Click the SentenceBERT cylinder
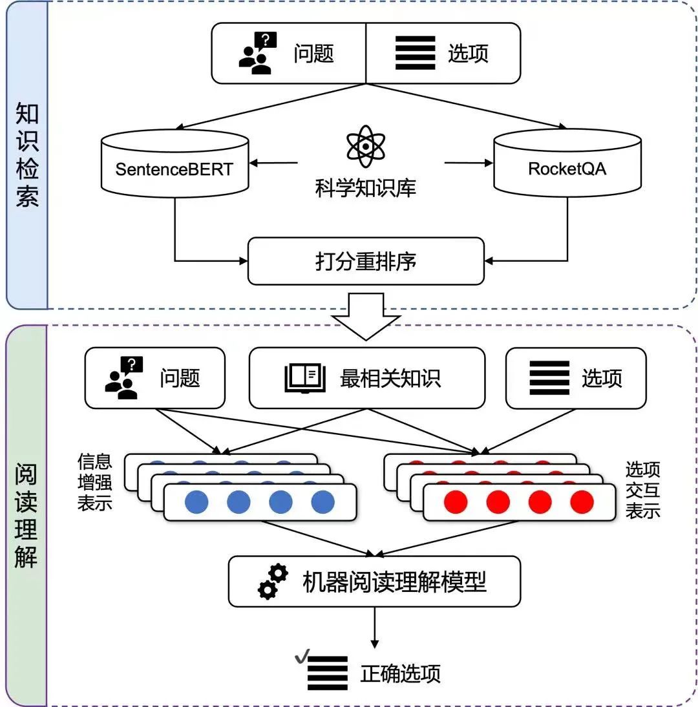tap(174, 165)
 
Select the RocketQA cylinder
tap(567, 165)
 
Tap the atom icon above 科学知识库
tap(366, 146)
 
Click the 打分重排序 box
tap(366, 261)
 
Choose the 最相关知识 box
tap(366, 378)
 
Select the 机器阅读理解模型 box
tap(374, 582)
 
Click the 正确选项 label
tap(401, 673)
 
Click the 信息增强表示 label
tap(95, 482)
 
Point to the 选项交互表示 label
tap(642, 490)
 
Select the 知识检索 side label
tap(27, 154)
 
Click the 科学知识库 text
tap(366, 187)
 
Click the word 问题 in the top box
tap(313, 54)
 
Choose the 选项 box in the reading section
tap(575, 378)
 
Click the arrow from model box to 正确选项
tap(374, 628)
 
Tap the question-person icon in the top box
tap(257, 53)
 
